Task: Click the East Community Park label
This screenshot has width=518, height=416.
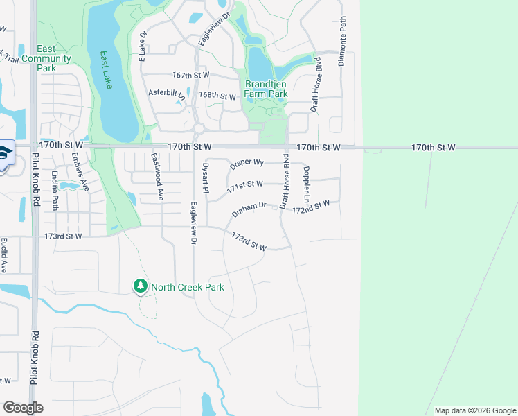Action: tap(46, 58)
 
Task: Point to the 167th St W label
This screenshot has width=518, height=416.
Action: tap(191, 75)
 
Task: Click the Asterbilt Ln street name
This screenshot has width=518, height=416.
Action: tap(167, 93)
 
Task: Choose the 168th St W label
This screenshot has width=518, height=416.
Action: tap(217, 96)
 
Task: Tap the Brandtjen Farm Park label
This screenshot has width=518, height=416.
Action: tap(266, 89)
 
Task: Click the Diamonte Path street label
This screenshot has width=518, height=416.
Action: tap(341, 42)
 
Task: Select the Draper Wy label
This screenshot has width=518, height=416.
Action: tap(247, 163)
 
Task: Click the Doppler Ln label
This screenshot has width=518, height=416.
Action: tap(306, 182)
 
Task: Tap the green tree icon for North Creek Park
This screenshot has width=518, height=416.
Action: tap(141, 286)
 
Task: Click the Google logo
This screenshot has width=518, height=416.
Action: tap(23, 408)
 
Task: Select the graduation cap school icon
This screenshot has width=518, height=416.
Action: tap(4, 153)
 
